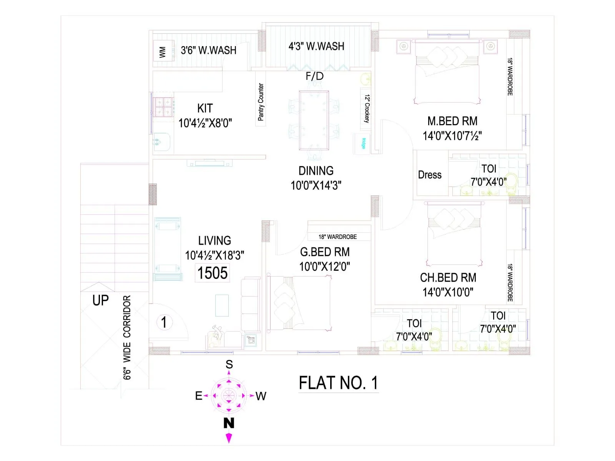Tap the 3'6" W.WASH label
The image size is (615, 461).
tap(208, 50)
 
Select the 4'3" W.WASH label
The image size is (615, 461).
tap(316, 46)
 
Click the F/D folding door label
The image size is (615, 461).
tap(314, 76)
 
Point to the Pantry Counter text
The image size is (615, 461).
tap(261, 102)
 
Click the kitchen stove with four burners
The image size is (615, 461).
tap(163, 107)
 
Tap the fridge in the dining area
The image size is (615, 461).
tap(362, 143)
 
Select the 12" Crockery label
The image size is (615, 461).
tap(367, 108)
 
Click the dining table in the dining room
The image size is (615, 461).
tap(314, 120)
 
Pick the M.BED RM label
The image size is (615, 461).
tap(452, 121)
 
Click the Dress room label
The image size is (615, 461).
tap(430, 175)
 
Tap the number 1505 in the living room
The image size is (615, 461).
tap(213, 273)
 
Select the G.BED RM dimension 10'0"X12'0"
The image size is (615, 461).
tap(324, 267)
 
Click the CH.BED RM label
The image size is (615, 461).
tap(448, 278)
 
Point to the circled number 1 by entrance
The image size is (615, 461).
tap(164, 322)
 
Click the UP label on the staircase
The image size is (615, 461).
tap(100, 300)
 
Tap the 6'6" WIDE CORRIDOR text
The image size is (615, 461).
tap(127, 337)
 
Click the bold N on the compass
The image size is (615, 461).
tap(229, 423)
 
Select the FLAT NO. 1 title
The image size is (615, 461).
tap(338, 383)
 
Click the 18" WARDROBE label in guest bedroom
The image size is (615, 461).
tap(337, 237)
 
